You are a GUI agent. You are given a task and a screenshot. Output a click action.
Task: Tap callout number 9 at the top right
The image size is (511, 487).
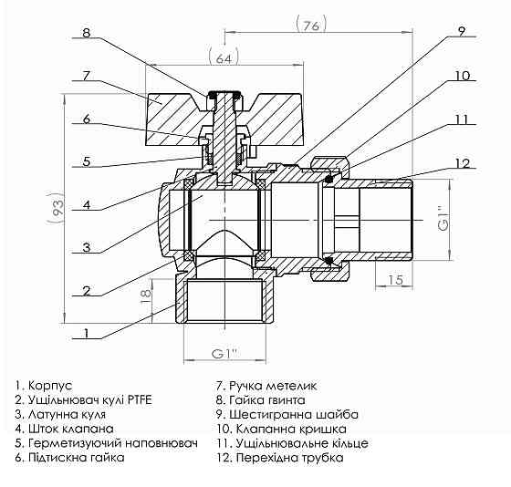coord(462,32)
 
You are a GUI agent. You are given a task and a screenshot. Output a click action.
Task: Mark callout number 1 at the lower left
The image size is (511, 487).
coord(85,335)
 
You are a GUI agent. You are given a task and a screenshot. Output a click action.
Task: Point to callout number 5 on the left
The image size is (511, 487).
coord(85,162)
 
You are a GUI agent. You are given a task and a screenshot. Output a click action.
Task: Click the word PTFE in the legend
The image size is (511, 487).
coord(138,400)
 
